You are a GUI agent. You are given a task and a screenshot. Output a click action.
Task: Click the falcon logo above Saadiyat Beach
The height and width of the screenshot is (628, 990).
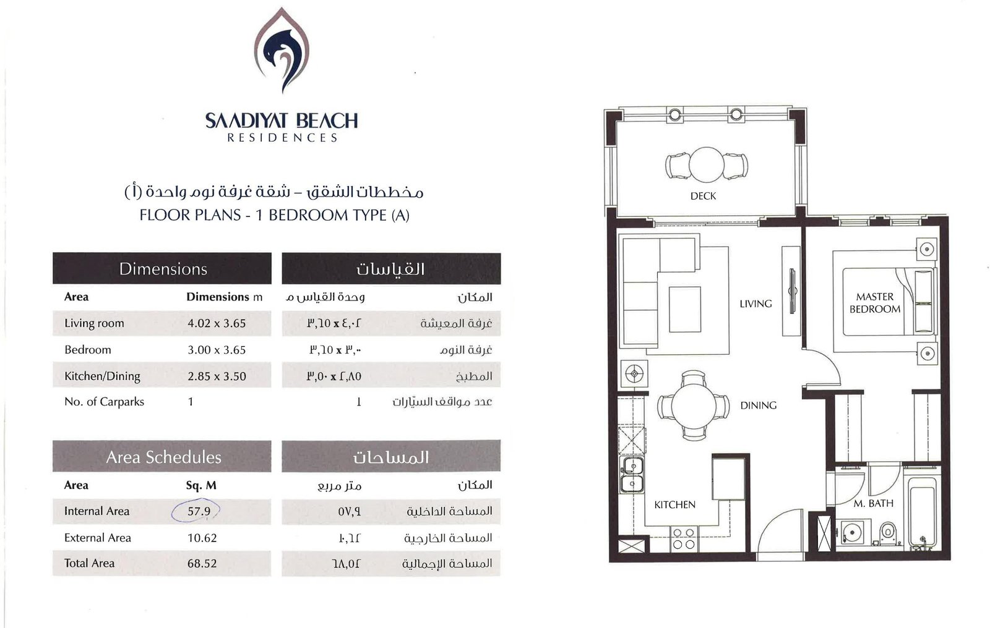coord(282,50)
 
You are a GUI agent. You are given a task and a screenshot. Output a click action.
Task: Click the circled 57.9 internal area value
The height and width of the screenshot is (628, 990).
coord(199,511)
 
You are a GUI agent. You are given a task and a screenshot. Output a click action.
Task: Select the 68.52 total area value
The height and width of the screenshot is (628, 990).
coord(202,564)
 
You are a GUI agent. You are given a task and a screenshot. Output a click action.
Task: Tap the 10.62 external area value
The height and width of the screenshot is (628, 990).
coord(202,538)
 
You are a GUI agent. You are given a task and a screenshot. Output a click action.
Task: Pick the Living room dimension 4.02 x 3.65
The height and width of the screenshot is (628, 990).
coord(217,323)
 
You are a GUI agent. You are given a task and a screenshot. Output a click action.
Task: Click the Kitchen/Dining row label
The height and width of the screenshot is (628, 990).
coord(102,376)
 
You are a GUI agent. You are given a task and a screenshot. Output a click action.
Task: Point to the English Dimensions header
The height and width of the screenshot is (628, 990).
coord(163,269)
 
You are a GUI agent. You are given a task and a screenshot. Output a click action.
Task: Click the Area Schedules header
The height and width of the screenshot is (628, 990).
coord(163,457)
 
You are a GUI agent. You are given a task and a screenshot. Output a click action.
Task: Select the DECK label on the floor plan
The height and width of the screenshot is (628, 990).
coord(703,196)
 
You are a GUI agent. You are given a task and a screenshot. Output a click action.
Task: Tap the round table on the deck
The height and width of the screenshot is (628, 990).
coord(706,164)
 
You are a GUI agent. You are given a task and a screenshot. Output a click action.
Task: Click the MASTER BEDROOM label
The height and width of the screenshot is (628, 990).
coord(875,303)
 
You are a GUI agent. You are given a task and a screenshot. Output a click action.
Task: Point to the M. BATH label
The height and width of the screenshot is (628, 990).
coord(873,504)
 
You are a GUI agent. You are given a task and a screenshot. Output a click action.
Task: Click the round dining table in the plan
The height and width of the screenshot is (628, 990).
coord(694,405)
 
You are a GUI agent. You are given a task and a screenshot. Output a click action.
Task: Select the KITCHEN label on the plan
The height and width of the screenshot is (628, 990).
coord(674,505)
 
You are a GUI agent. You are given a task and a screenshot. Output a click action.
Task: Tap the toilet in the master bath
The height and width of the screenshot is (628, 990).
coord(887,532)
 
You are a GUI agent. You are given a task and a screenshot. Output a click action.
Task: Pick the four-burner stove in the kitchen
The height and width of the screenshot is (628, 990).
coord(684,539)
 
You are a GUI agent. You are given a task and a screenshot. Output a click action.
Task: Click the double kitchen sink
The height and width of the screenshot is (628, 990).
coord(632,475)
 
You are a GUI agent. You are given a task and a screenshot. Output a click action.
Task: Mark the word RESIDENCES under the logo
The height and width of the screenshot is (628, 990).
coord(282,138)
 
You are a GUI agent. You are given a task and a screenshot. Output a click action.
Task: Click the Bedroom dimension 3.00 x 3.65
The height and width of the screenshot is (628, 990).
coord(217,350)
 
